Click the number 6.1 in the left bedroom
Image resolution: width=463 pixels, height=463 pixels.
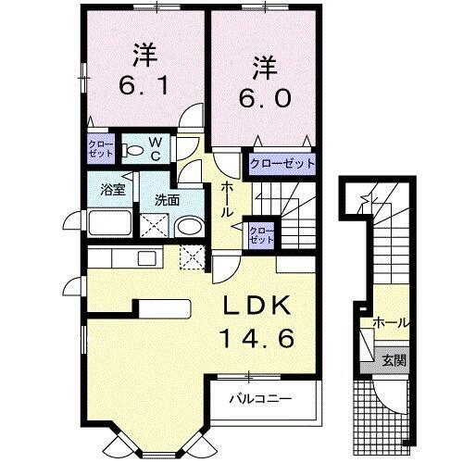[x=144, y=87]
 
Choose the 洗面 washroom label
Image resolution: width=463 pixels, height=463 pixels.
[x=167, y=199]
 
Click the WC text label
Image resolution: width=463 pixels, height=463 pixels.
[x=156, y=148]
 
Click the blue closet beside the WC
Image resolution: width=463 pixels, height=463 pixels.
[x=100, y=149]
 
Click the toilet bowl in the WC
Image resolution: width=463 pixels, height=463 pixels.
[x=133, y=148]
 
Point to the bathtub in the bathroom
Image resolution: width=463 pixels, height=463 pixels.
[x=112, y=225]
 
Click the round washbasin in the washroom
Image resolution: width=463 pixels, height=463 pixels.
[x=189, y=227]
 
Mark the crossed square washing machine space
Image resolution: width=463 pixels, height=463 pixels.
[x=153, y=226]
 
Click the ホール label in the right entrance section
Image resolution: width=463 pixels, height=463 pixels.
[x=391, y=323]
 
